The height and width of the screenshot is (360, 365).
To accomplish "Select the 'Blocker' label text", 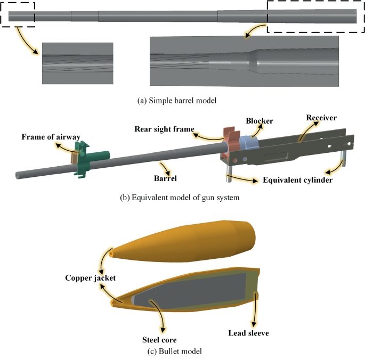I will coord(259,121).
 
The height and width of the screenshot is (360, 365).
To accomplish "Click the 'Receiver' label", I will coord(321,117).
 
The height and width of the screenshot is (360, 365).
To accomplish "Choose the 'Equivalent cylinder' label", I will coord(298,180).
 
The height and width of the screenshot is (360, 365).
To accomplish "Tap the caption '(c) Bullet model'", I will coord(182,351).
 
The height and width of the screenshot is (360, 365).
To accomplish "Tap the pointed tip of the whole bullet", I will coord(111,254).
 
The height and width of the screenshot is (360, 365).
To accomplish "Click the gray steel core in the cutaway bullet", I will coord(186,290).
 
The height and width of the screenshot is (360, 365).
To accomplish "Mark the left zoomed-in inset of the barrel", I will coord(77,63).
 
